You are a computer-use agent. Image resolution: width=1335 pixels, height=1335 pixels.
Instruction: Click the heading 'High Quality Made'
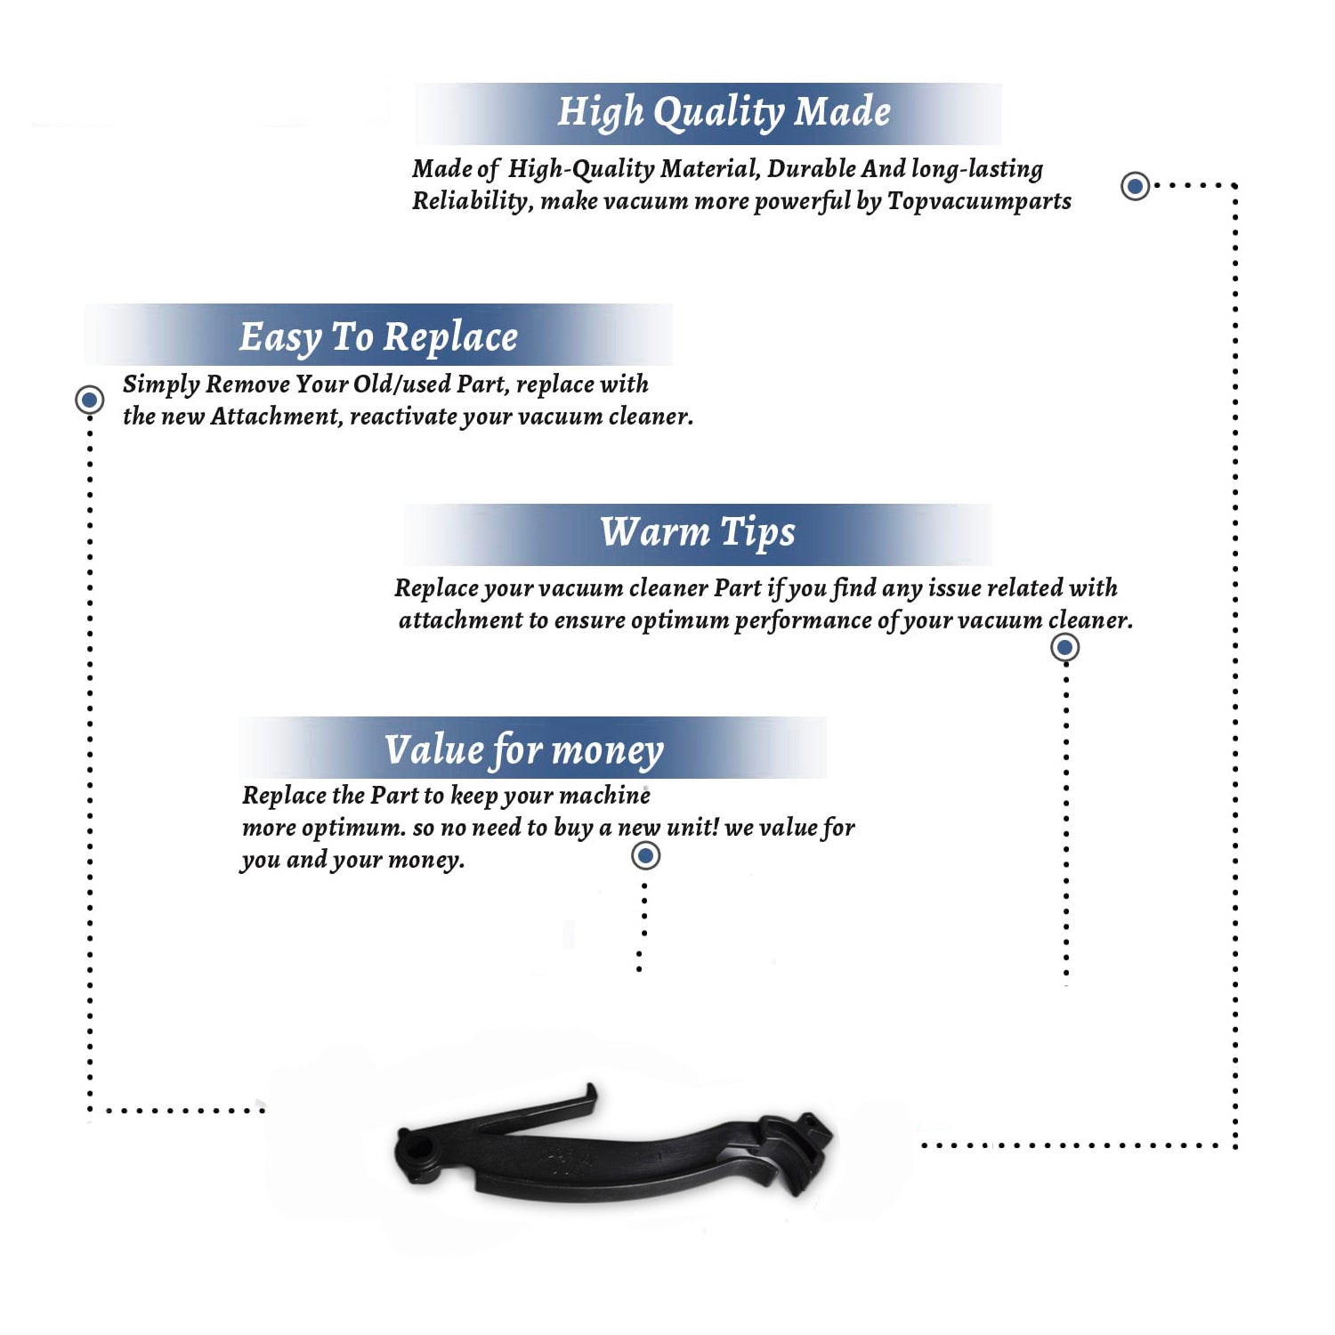(724, 113)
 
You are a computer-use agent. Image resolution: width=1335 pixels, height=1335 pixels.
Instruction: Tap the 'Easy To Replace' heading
(378, 338)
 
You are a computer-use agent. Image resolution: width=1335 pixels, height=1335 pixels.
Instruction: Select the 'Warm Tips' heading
(698, 533)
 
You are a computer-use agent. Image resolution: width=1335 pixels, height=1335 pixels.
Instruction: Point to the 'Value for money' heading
(524, 750)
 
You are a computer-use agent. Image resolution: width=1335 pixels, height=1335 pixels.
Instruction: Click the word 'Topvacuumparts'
(979, 202)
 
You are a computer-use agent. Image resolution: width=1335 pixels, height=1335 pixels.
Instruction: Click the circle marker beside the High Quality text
(1135, 186)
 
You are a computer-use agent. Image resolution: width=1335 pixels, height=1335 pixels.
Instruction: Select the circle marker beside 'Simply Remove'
(89, 400)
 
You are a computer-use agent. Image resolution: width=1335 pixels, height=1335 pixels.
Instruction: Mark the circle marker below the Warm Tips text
(1064, 647)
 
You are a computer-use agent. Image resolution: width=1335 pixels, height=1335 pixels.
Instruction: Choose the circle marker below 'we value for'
(645, 856)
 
